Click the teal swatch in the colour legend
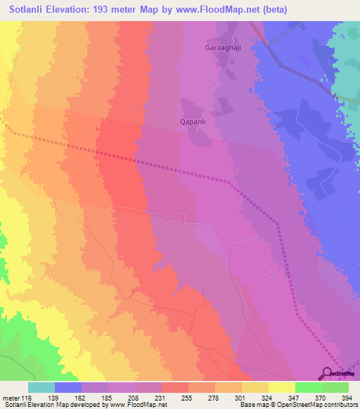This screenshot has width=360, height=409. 41,387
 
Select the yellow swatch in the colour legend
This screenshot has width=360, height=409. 282,387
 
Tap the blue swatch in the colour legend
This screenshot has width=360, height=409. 68,387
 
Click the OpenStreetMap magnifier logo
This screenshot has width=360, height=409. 328,374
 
